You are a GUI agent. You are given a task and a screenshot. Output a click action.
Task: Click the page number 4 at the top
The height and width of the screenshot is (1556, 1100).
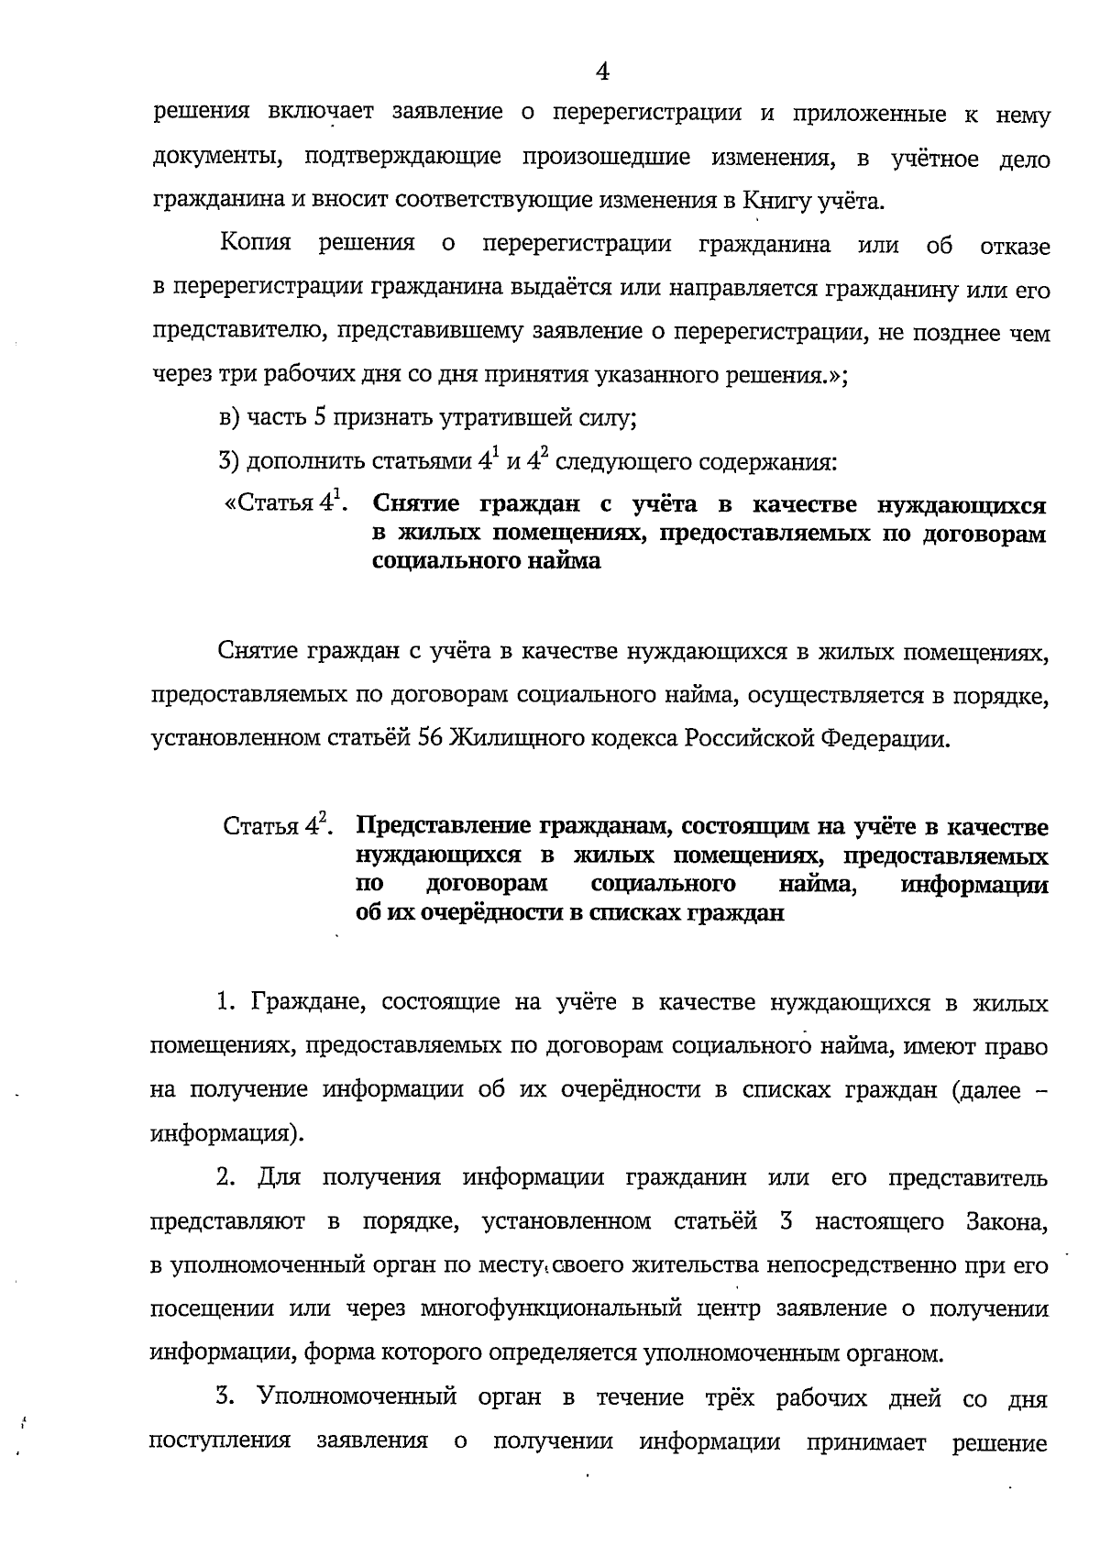click(x=602, y=71)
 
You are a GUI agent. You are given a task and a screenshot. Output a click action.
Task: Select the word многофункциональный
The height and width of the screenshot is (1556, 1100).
click(x=551, y=1308)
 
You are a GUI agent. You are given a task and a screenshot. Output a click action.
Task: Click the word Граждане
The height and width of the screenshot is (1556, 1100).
click(x=308, y=1002)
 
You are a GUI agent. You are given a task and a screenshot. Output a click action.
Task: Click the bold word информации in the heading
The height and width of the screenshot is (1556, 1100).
click(x=973, y=885)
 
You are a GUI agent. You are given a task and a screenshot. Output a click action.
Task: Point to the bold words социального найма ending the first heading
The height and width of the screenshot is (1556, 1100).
click(x=487, y=562)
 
